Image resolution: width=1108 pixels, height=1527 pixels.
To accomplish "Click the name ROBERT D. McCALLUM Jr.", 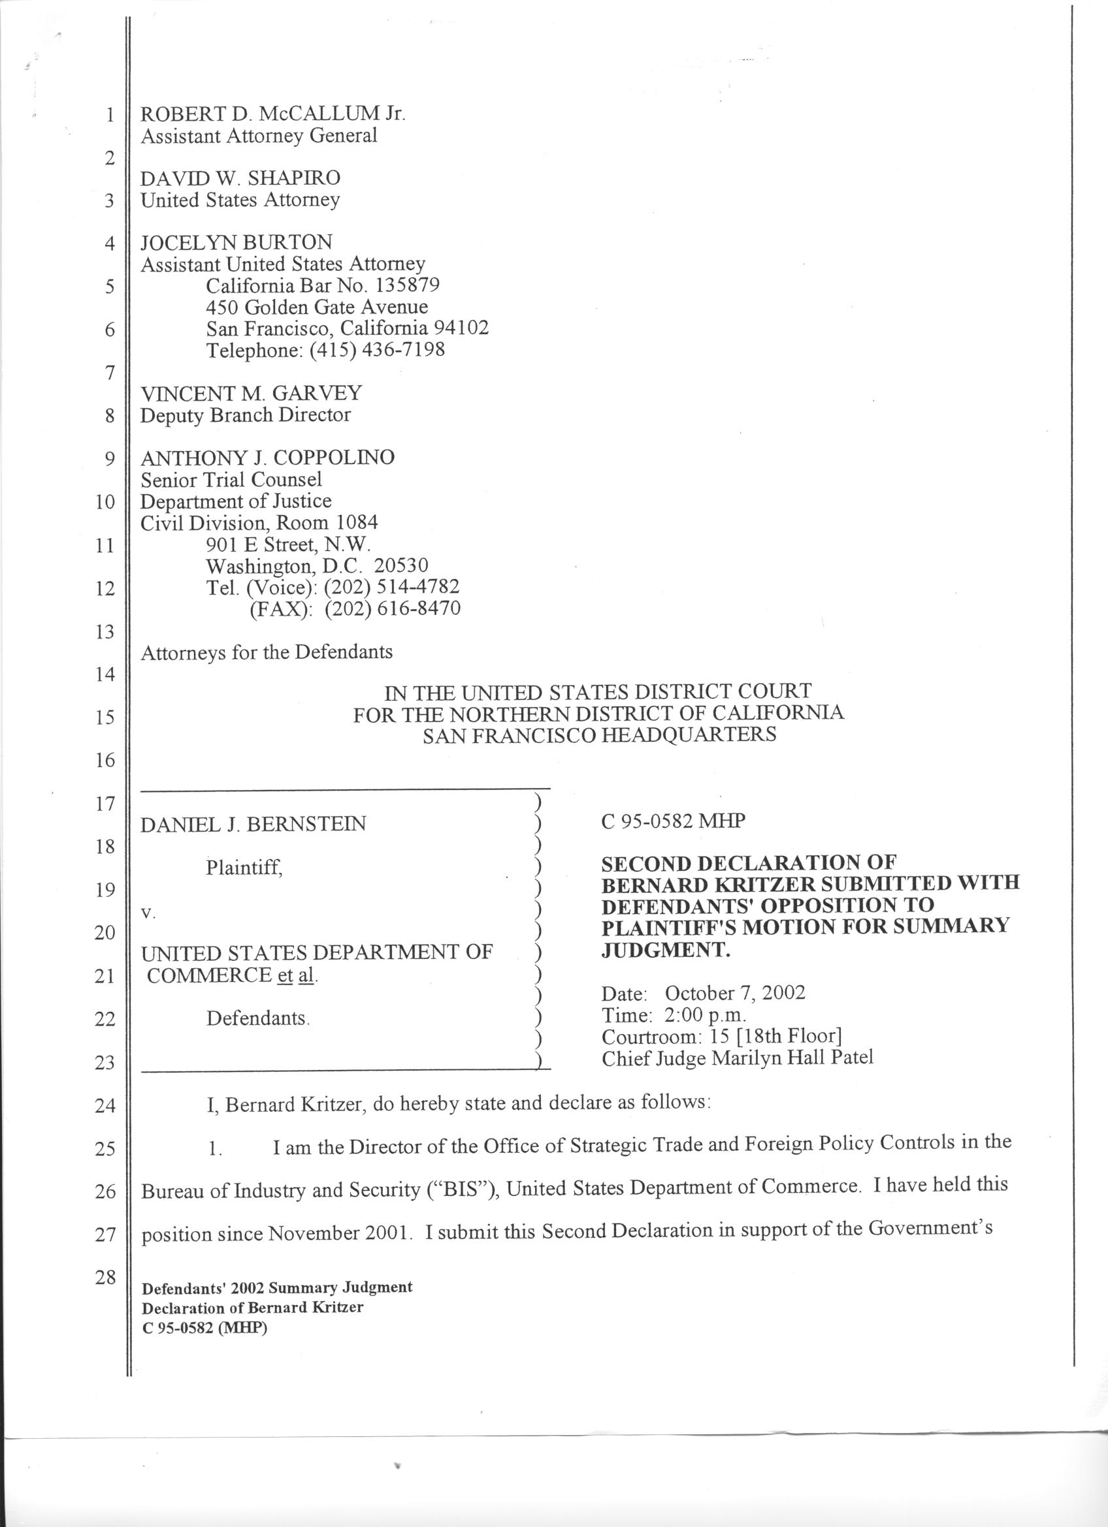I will point(272,113).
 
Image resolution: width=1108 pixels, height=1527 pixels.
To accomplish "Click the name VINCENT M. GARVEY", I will point(251,392).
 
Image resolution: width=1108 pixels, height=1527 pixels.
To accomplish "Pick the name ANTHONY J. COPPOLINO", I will point(267,458).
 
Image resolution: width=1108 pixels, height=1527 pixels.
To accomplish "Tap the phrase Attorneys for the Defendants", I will point(266,652).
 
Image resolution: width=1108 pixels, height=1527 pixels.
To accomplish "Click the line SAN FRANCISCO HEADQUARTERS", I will point(599,734).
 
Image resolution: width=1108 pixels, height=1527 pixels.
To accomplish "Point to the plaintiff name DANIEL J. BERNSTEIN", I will point(253,824).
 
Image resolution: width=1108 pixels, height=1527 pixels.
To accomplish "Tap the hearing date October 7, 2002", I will point(735,994).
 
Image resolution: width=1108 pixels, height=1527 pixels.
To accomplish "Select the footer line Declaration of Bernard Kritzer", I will point(252,1308).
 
